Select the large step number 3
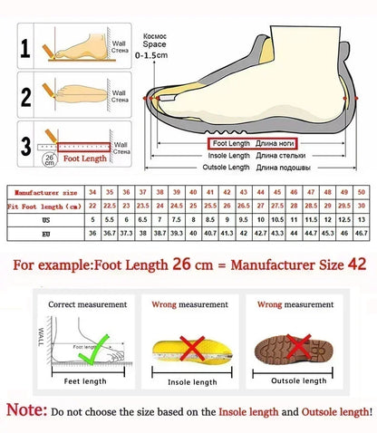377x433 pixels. (x=25, y=143)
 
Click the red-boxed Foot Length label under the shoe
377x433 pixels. (x=231, y=143)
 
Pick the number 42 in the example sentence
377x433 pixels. (x=351, y=266)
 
